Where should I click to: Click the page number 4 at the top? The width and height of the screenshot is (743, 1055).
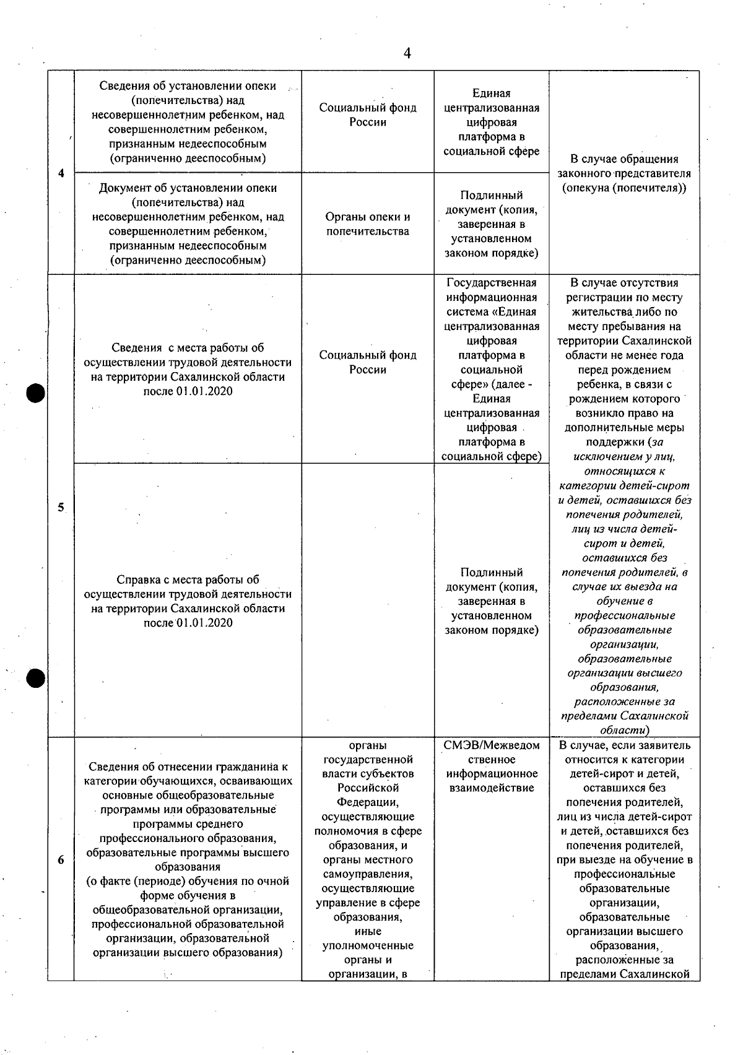(407, 53)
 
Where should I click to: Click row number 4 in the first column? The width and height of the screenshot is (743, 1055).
(61, 173)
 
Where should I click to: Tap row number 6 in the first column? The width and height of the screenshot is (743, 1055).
(61, 859)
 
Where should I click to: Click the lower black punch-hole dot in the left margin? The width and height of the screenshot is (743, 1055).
(37, 679)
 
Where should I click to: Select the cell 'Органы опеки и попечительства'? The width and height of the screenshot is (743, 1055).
(368, 224)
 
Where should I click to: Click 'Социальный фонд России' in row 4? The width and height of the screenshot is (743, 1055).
(368, 115)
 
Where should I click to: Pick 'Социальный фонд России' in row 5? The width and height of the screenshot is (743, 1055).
(368, 362)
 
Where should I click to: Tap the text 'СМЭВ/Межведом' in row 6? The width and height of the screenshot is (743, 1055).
(492, 745)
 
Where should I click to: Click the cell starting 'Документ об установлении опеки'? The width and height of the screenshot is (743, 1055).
(188, 224)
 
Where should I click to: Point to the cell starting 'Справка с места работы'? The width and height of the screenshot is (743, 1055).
(188, 601)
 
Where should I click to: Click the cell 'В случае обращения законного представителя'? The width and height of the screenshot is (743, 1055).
(624, 173)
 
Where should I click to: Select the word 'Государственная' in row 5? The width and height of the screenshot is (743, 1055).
(492, 283)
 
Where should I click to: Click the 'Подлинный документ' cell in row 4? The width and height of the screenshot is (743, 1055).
(492, 224)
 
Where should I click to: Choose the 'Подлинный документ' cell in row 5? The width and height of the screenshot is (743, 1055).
(492, 601)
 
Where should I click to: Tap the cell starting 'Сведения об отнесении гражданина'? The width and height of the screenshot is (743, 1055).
(188, 859)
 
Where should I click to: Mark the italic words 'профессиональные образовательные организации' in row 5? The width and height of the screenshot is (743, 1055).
(624, 630)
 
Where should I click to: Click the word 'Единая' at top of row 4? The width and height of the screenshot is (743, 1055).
(492, 93)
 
